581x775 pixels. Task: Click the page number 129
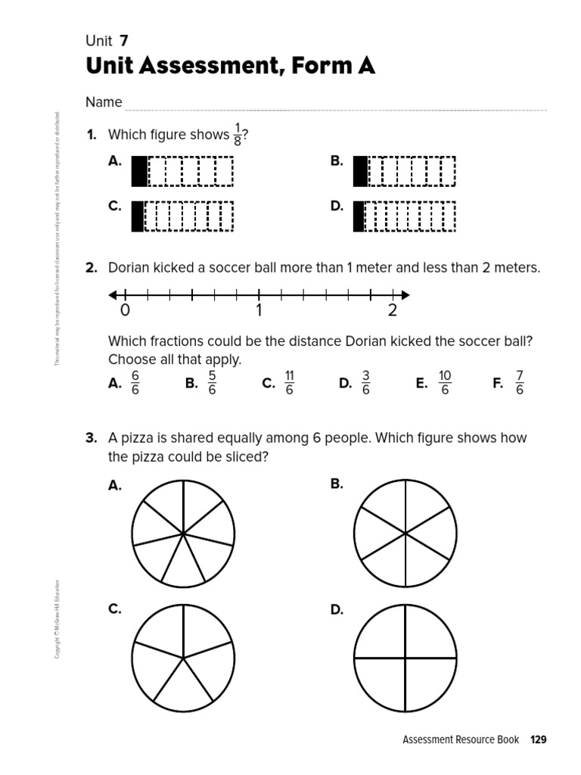click(538, 739)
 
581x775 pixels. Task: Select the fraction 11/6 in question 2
click(289, 383)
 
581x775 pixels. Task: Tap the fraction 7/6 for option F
click(519, 383)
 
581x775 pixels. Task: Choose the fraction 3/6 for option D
click(365, 383)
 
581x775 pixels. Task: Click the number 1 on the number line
click(259, 310)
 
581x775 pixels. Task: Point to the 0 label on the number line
click(125, 310)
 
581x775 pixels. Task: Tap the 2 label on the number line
click(392, 310)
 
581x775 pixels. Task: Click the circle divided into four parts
click(405, 659)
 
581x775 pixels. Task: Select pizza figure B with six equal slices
click(405, 534)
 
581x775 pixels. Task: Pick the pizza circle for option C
click(183, 659)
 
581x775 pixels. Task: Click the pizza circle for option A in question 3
click(183, 534)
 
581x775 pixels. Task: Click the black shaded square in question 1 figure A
click(139, 171)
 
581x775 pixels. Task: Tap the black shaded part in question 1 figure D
click(359, 216)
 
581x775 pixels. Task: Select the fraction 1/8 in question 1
click(238, 135)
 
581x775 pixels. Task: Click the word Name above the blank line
click(104, 102)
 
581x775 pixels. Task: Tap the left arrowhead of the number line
click(113, 294)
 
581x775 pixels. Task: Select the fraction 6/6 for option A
click(135, 383)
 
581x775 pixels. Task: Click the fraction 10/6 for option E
click(444, 383)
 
